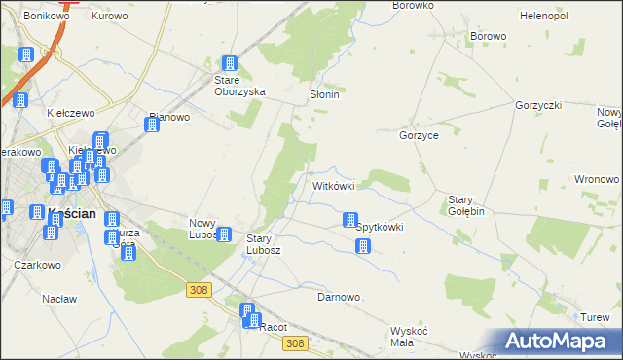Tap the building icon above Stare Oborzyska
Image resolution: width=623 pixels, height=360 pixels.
tap(230, 63)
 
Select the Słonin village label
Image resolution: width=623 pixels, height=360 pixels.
tap(323, 96)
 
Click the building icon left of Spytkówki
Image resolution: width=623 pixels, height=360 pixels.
tap(349, 222)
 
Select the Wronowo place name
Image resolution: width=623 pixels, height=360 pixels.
tap(597, 179)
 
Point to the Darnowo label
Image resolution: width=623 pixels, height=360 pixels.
tap(339, 297)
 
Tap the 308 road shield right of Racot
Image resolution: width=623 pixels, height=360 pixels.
tap(298, 342)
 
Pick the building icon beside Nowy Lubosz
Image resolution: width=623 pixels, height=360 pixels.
tap(224, 234)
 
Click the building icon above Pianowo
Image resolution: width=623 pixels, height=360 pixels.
tap(152, 125)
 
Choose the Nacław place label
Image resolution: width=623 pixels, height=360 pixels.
tap(59, 299)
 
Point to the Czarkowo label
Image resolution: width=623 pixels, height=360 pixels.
tap(38, 264)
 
